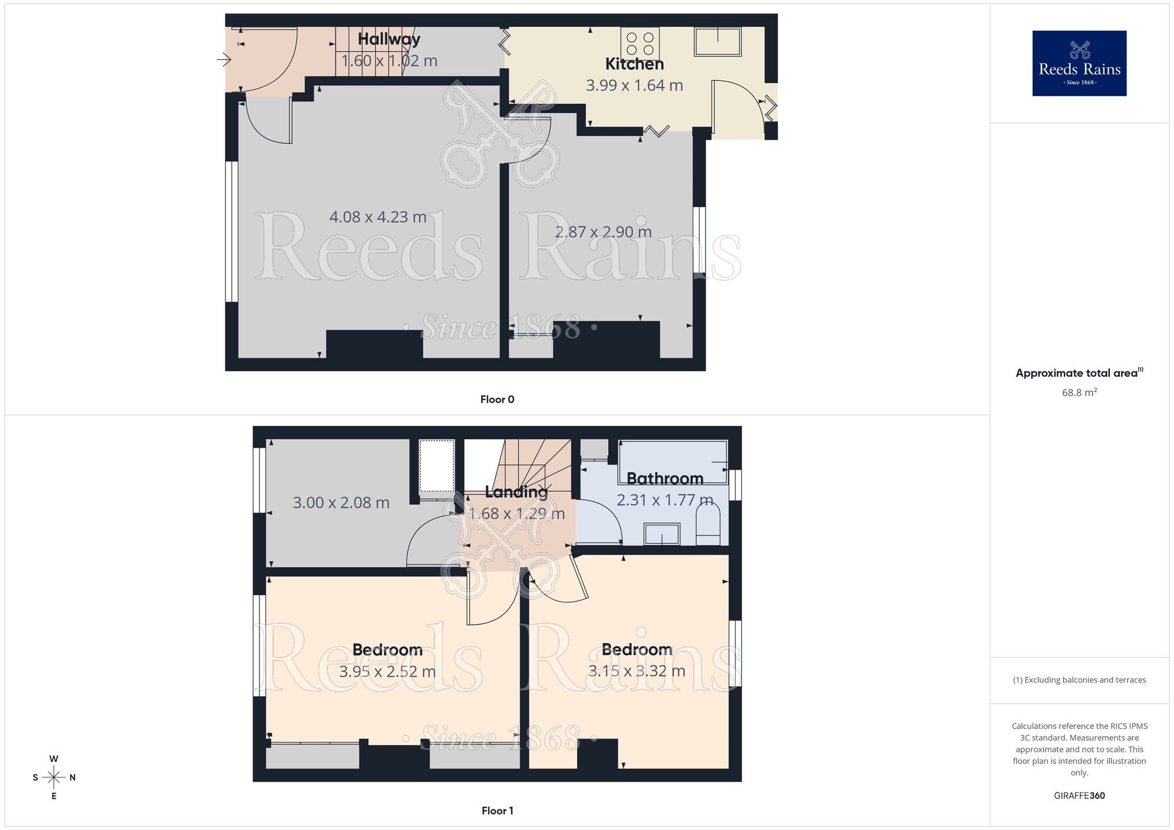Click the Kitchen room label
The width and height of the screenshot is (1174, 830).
[634, 64]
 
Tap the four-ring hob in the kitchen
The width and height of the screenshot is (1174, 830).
[640, 43]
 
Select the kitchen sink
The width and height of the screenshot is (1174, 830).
[717, 41]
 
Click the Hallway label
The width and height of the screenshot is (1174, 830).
[389, 39]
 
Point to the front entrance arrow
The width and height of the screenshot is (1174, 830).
[224, 59]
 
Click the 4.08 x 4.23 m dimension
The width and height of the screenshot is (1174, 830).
[377, 217]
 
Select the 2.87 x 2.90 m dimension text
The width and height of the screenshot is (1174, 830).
[603, 232]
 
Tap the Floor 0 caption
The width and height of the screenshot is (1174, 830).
[497, 400]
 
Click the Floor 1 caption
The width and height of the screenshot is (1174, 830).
[497, 811]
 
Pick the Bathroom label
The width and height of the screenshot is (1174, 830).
[664, 479]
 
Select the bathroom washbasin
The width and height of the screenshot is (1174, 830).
[662, 534]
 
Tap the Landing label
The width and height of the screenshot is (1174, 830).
[516, 492]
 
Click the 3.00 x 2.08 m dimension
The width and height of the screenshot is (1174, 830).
[341, 503]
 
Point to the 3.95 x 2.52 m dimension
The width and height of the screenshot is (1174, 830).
[387, 672]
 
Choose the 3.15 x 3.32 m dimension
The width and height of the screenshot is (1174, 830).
[636, 671]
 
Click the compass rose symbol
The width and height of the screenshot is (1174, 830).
[54, 778]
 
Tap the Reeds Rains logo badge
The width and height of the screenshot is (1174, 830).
[1079, 63]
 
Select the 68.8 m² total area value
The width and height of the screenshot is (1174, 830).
[1079, 393]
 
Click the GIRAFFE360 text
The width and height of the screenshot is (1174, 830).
[1079, 796]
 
